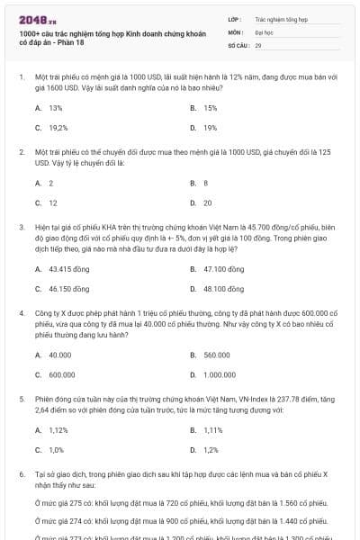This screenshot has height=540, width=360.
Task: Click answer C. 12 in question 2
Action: click(x=47, y=202)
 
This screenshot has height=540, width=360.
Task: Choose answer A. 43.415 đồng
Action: click(x=60, y=269)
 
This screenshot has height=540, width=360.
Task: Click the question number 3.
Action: click(x=20, y=229)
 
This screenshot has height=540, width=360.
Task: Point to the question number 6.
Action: click(x=20, y=473)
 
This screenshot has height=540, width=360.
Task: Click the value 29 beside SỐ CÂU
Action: click(x=258, y=44)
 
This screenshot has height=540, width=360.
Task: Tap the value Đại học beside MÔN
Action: click(x=263, y=31)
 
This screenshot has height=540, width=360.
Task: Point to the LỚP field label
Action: click(x=234, y=18)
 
